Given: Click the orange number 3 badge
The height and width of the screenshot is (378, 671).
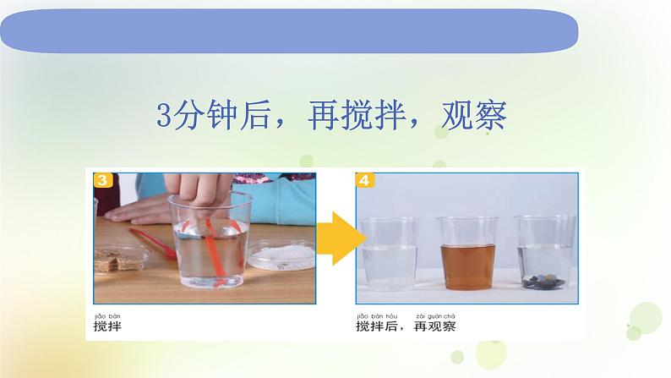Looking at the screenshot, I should click(102, 179).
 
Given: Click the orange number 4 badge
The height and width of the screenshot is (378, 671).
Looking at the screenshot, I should click(364, 179).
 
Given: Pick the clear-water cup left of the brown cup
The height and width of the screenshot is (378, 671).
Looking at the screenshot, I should click(389, 252).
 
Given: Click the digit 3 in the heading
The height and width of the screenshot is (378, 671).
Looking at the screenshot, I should click(165, 116).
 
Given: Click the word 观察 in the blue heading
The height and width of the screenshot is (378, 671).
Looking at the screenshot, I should click(473, 116).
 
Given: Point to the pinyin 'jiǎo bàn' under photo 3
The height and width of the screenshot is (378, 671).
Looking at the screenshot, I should click(109, 312).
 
